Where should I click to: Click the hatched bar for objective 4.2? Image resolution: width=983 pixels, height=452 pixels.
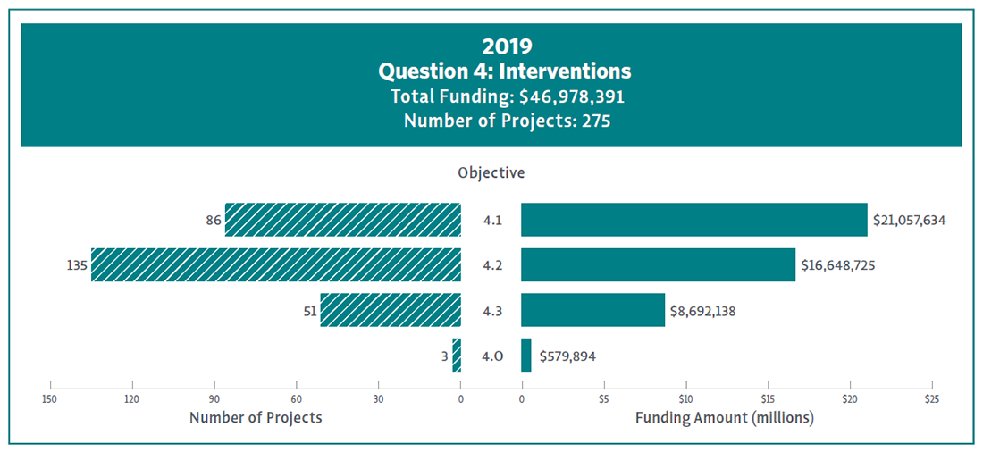point(275,264)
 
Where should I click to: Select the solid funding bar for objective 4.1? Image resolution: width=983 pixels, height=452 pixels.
point(693,220)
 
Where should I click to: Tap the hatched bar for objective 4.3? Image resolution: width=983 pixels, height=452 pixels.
point(391,309)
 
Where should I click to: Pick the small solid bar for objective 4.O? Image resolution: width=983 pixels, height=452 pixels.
point(525,355)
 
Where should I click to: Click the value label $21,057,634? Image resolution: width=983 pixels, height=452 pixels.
point(909,220)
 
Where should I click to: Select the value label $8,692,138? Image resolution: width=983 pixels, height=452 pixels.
point(702,311)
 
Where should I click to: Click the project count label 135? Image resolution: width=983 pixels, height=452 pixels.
point(76,265)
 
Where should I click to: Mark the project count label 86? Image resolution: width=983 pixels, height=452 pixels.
point(213,220)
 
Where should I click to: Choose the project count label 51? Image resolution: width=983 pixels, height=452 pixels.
point(307,311)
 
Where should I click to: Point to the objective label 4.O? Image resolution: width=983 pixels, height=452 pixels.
point(491,356)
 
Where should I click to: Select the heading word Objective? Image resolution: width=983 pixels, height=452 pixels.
point(491,172)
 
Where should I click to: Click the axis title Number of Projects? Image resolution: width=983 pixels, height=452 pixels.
point(256,417)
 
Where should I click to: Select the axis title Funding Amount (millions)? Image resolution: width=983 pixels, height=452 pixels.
point(724,417)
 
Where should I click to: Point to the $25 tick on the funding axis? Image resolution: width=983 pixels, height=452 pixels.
point(932,398)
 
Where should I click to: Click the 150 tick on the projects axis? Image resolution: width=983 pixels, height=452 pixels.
point(50,398)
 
